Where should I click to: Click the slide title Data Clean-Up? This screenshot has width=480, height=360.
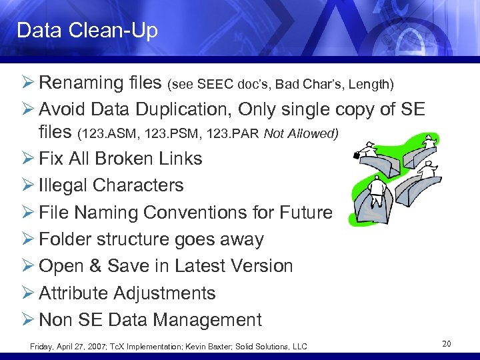click(x=87, y=31)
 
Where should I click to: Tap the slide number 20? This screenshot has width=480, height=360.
click(x=447, y=343)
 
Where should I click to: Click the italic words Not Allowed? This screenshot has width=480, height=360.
click(x=301, y=134)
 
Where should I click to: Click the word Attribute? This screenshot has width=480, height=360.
click(x=79, y=293)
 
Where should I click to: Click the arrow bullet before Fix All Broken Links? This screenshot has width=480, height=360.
click(x=29, y=159)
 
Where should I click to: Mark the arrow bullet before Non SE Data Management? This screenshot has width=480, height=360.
click(x=29, y=320)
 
